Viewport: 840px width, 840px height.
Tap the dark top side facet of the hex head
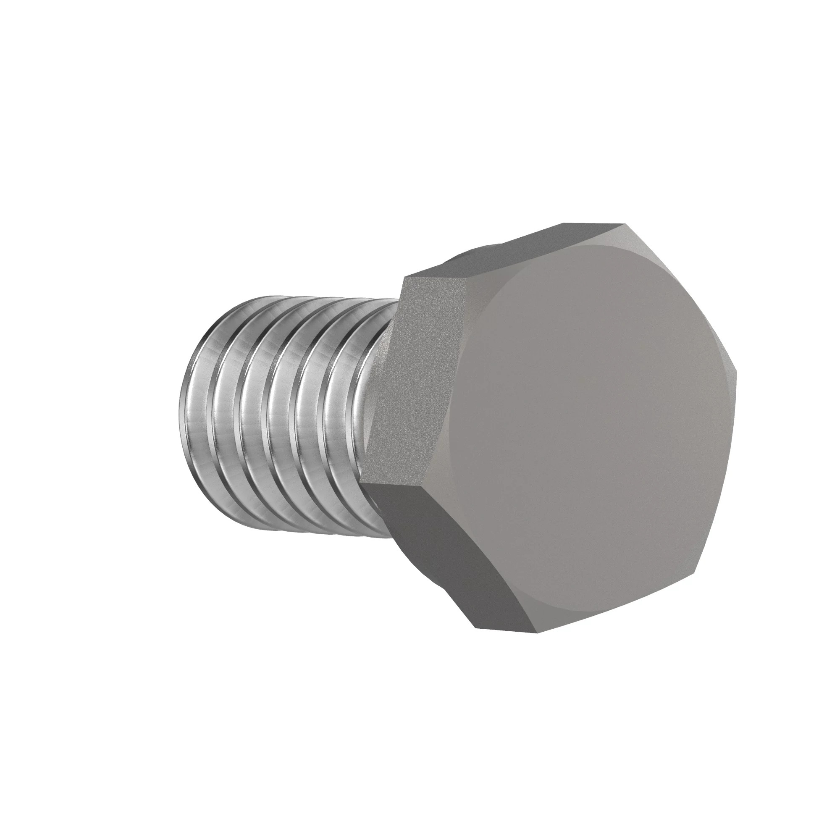tap(513, 252)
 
